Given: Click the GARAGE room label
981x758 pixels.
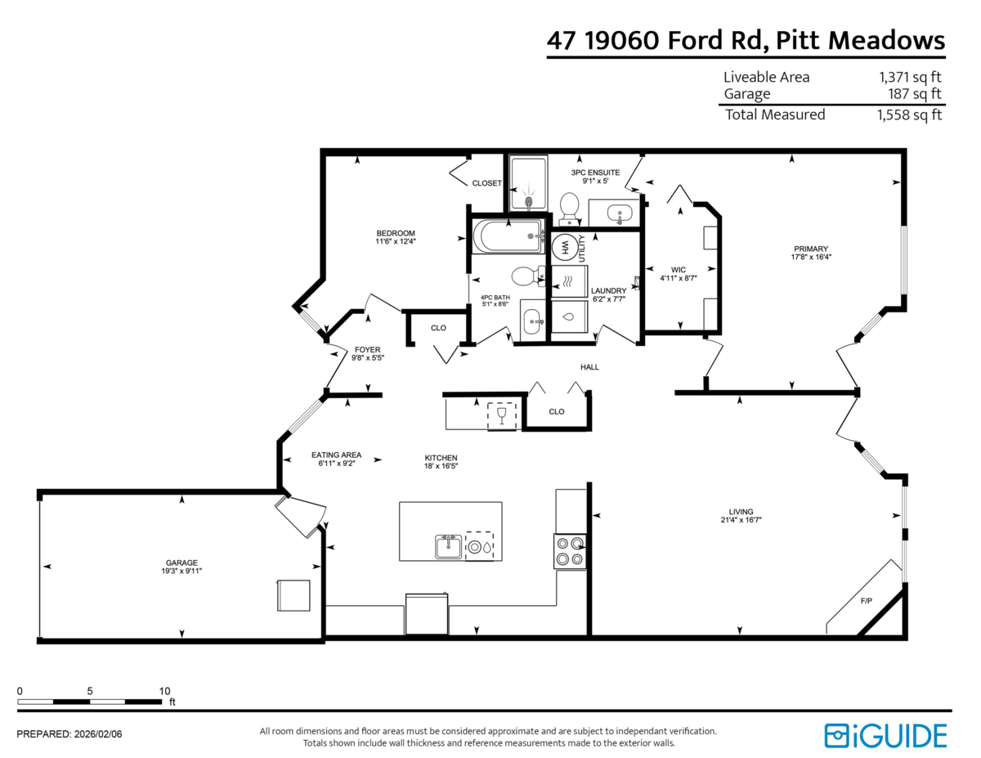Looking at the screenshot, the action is pyautogui.click(x=181, y=563).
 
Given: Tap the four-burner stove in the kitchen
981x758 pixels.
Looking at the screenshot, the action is pyautogui.click(x=570, y=551).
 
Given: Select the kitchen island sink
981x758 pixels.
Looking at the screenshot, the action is pyautogui.click(x=448, y=547).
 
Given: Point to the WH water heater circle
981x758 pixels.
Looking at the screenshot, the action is pyautogui.click(x=564, y=247).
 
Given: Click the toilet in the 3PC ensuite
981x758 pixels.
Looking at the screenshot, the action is pyautogui.click(x=569, y=209).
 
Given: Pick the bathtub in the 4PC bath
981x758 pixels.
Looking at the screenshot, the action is pyautogui.click(x=508, y=236).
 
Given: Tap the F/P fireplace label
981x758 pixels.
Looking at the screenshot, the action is pyautogui.click(x=866, y=601).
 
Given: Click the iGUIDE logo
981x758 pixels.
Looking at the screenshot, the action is pyautogui.click(x=885, y=736).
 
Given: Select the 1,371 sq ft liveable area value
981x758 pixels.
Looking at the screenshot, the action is pyautogui.click(x=910, y=77).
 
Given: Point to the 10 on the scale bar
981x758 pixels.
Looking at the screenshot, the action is pyautogui.click(x=164, y=691).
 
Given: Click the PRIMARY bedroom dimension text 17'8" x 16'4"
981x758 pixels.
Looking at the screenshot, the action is pyautogui.click(x=811, y=257).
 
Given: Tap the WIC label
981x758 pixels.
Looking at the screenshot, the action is pyautogui.click(x=678, y=270).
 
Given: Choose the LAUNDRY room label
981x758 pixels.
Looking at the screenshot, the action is pyautogui.click(x=608, y=291).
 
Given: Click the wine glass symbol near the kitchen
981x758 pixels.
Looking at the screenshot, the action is pyautogui.click(x=501, y=415).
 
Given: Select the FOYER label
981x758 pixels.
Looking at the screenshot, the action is pyautogui.click(x=368, y=349).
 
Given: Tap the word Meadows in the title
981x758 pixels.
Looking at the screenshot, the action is pyautogui.click(x=886, y=40).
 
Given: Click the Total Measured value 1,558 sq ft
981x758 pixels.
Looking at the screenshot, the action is pyautogui.click(x=909, y=114).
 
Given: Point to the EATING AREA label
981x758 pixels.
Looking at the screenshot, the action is pyautogui.click(x=336, y=455).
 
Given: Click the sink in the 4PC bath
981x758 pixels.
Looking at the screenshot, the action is pyautogui.click(x=533, y=321).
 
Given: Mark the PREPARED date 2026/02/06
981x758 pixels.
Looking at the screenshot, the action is pyautogui.click(x=98, y=734).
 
